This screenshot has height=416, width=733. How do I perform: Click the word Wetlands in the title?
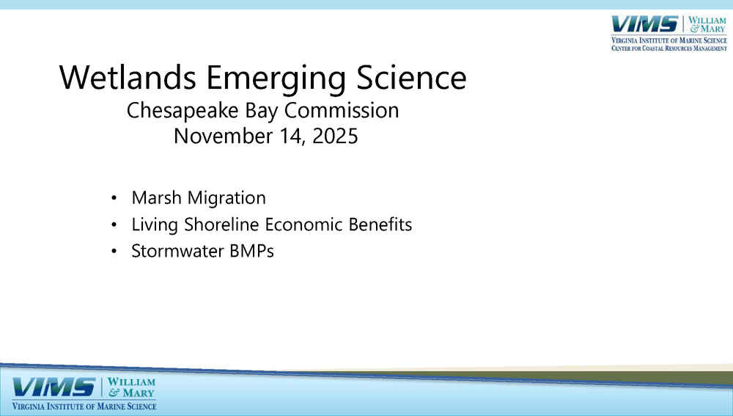[x=128, y=77]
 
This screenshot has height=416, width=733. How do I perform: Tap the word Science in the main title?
[x=411, y=77]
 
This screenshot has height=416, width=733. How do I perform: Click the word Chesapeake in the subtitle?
[x=183, y=112]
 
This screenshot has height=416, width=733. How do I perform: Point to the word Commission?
[x=342, y=111]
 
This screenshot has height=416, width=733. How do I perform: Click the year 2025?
[x=335, y=136]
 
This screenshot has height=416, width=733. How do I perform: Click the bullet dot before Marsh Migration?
[x=114, y=198]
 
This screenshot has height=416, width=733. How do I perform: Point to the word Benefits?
[x=380, y=225]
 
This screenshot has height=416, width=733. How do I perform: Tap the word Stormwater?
[x=177, y=251]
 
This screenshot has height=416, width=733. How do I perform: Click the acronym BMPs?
[x=251, y=251]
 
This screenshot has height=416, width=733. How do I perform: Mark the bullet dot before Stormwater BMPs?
[x=114, y=252]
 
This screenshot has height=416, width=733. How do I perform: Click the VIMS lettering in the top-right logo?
[x=644, y=24]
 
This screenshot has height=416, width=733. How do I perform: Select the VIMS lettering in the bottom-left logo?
[x=54, y=387]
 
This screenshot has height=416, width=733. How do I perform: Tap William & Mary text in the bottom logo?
[x=131, y=387]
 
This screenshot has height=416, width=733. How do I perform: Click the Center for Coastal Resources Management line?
[x=669, y=48]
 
